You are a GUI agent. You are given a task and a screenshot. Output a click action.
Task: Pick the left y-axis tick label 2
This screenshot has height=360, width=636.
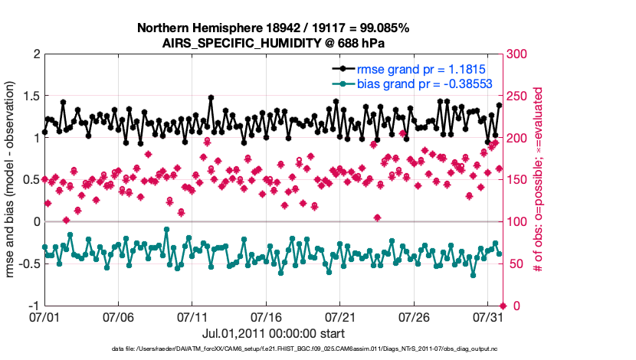(35, 54)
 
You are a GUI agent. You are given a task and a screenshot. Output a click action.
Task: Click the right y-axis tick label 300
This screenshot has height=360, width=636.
(520, 54)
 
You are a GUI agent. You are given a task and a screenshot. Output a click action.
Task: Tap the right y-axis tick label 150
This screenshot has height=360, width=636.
(520, 180)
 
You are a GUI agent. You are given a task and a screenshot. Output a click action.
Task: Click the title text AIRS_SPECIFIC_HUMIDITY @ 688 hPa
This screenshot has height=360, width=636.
(273, 43)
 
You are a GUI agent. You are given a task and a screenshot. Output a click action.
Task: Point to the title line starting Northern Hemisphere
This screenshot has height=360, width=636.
(273, 28)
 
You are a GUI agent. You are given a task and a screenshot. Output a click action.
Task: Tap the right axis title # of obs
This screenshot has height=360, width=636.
(539, 180)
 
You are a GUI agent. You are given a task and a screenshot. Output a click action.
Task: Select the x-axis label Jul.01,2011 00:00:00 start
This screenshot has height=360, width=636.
(273, 333)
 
